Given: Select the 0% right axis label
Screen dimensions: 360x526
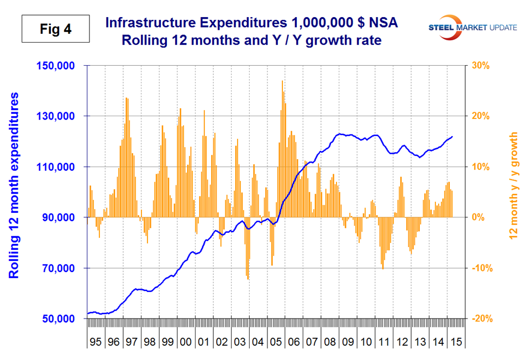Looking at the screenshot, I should click(478, 218).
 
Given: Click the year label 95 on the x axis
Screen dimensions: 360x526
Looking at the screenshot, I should click(96, 342).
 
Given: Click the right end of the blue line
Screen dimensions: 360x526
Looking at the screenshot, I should click(453, 137).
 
